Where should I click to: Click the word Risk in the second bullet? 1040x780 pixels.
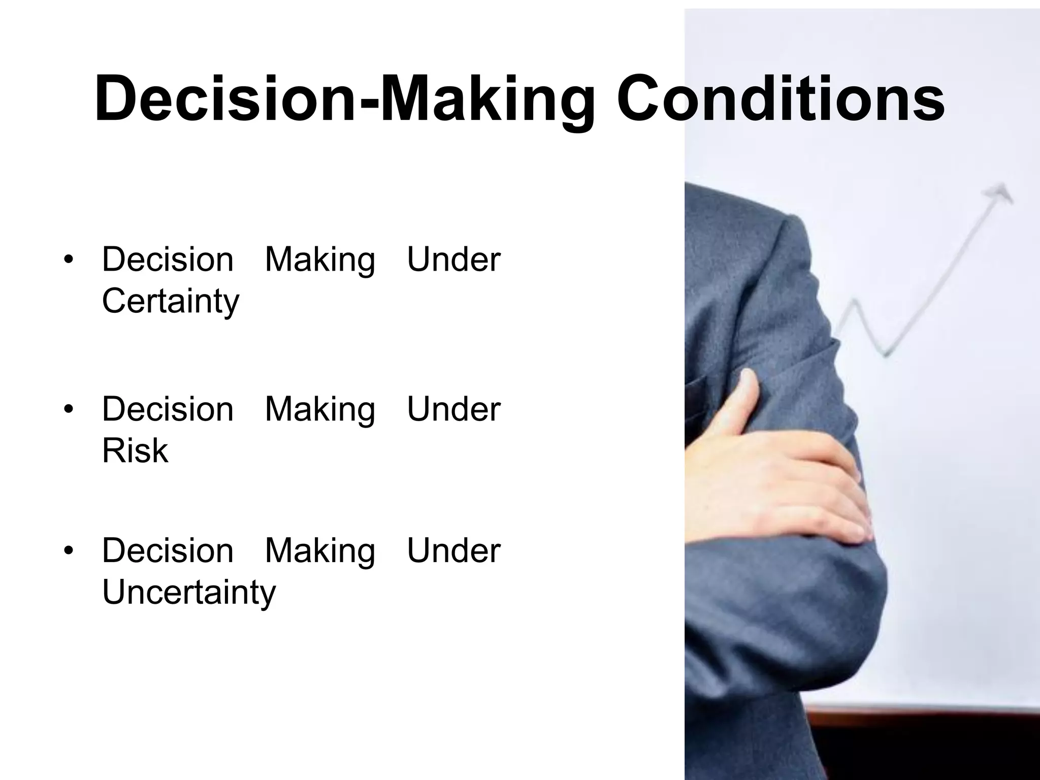click(x=135, y=450)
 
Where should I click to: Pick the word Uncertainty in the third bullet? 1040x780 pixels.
click(x=189, y=592)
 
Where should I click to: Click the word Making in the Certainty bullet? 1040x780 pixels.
click(x=320, y=261)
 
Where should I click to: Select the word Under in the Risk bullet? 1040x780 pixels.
click(x=453, y=409)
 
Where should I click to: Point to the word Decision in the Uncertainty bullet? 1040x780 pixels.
click(x=168, y=550)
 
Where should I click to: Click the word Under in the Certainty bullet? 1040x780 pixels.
click(x=453, y=259)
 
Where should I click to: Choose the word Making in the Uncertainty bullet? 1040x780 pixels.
click(x=320, y=551)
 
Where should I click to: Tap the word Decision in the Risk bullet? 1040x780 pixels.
click(x=168, y=409)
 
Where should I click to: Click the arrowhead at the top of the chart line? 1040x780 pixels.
click(x=999, y=193)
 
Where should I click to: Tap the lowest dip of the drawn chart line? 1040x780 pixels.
click(x=887, y=353)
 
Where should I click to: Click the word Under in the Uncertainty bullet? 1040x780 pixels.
click(x=453, y=550)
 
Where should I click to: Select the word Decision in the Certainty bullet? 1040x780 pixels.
click(x=168, y=259)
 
